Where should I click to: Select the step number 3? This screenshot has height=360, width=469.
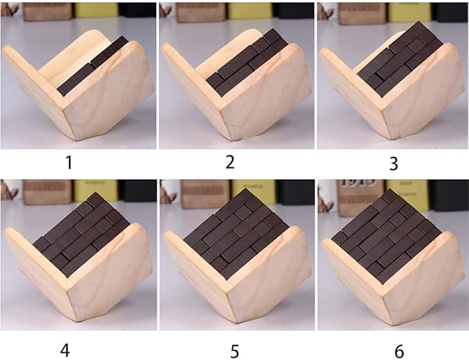point(393,164)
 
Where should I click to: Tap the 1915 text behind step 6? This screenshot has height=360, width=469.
point(355,189)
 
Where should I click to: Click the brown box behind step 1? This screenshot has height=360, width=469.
point(45,10)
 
